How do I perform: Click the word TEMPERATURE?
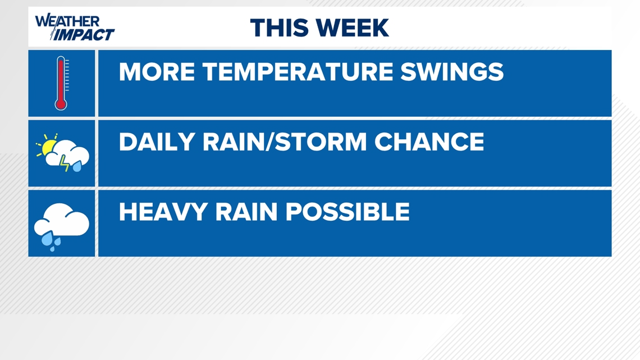pos(297,72)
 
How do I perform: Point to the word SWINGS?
pos(452,72)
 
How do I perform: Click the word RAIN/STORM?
pos(285,142)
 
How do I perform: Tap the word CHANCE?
pos(429,142)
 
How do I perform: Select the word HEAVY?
pos(163,212)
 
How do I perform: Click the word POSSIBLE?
pos(348,212)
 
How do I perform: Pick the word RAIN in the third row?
pos(246,212)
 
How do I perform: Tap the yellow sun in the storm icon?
pos(48,147)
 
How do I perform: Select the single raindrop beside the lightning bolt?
pos(77,166)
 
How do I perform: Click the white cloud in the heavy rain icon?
pos(62,220)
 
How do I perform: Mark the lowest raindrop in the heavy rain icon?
pos(52,248)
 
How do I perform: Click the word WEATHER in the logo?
pos(67,21)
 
